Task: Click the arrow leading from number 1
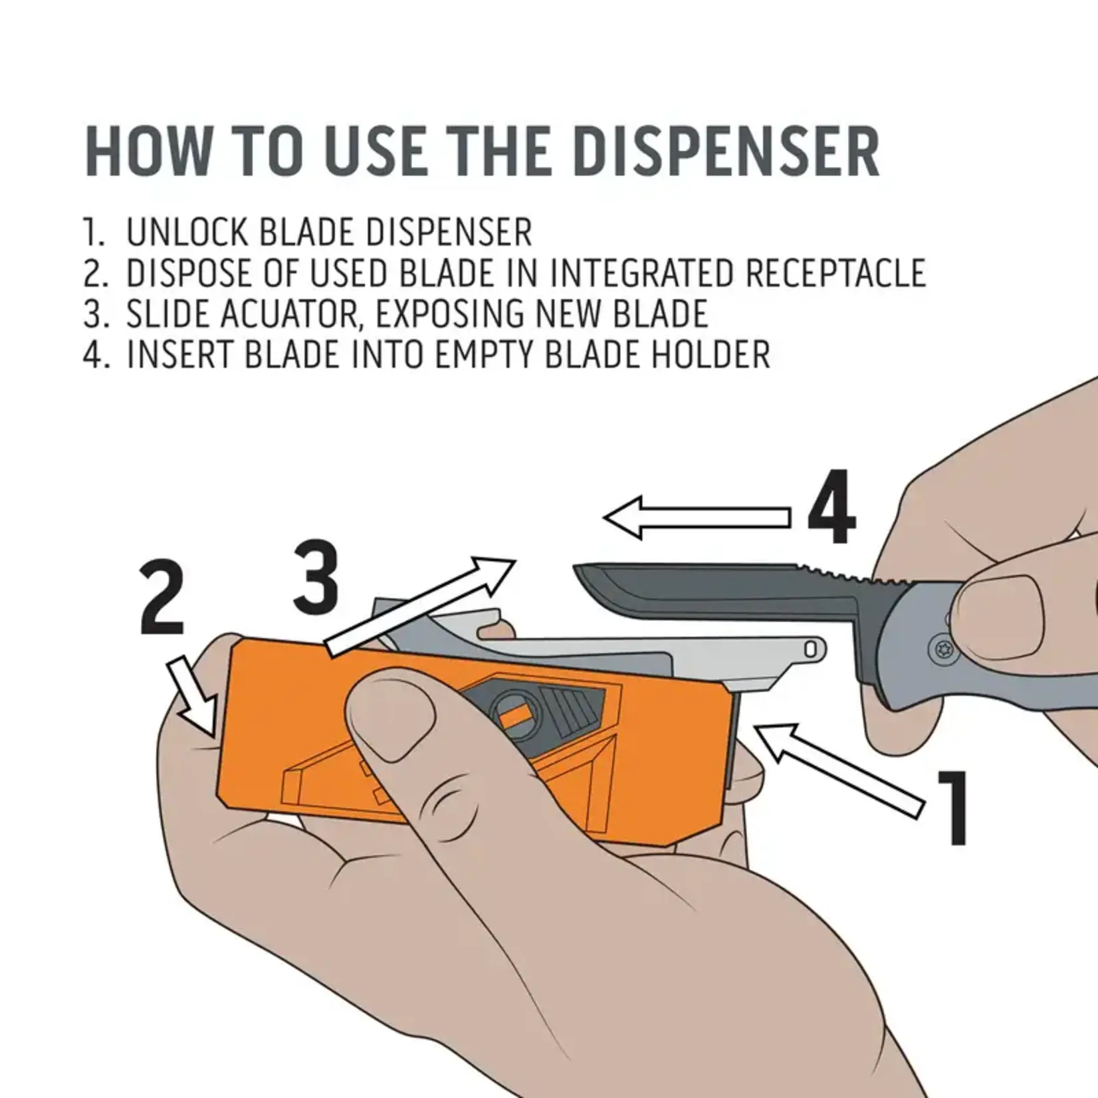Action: tap(840, 768)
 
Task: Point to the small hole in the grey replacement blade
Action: tap(812, 649)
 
